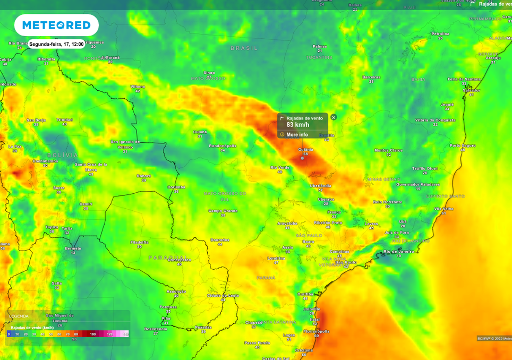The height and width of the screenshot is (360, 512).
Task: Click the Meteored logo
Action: click(x=56, y=25)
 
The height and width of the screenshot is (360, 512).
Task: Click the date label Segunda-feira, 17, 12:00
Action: click(x=56, y=45)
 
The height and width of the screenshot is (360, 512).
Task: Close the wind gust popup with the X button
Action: click(x=334, y=117)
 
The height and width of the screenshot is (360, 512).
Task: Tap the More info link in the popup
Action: click(x=297, y=135)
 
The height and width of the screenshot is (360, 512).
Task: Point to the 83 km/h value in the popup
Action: click(x=298, y=125)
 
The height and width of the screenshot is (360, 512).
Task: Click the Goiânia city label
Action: click(x=305, y=150)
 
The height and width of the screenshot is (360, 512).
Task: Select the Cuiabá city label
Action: click(x=200, y=132)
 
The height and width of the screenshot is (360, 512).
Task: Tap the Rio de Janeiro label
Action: click(x=398, y=251)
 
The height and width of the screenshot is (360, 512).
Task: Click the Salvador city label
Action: click(x=471, y=90)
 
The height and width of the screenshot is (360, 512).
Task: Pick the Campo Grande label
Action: click(x=223, y=211)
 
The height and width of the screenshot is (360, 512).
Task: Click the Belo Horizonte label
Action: click(x=388, y=202)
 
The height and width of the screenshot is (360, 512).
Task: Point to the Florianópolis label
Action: click(x=317, y=331)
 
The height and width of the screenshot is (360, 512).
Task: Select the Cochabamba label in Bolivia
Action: click(x=45, y=161)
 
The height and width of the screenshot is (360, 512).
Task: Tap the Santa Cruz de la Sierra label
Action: click(x=91, y=167)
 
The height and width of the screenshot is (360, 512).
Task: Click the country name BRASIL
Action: click(x=244, y=48)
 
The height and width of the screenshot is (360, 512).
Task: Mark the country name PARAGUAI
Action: click(x=167, y=258)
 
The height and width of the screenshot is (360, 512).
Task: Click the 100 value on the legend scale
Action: click(x=93, y=334)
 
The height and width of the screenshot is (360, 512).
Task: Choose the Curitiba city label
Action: click(x=305, y=294)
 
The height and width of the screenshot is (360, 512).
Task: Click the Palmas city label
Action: click(x=320, y=46)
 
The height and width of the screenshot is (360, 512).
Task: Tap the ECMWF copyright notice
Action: click(x=494, y=338)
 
